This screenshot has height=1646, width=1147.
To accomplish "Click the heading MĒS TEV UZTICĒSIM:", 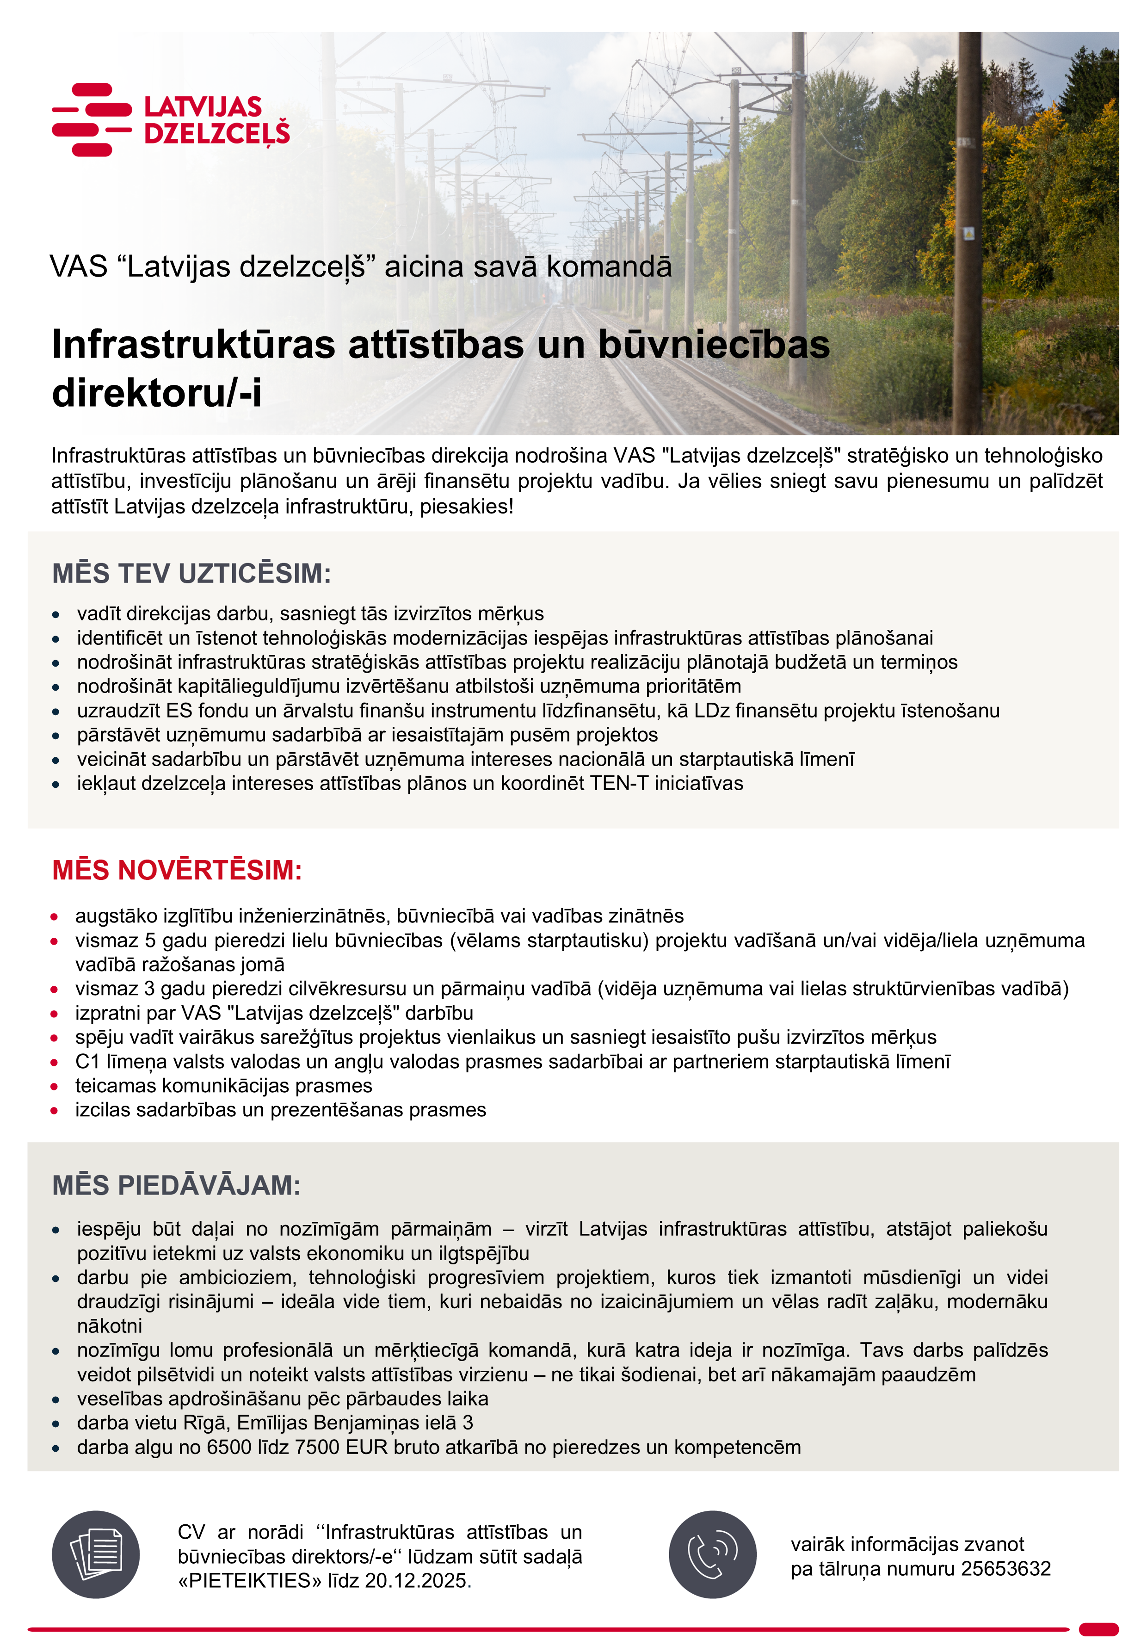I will pos(191,574).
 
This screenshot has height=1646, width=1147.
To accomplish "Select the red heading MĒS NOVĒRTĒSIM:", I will pos(177,870).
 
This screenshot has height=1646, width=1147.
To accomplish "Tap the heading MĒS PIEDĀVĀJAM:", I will pos(176,1185).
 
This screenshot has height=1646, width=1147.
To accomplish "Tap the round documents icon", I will pos(95,1555).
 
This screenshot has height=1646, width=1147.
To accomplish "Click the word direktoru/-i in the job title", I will pos(157,392).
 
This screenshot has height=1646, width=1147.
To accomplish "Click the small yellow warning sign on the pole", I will pos(968,234).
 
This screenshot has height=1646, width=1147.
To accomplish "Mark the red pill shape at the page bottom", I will pos(1098,1629).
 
